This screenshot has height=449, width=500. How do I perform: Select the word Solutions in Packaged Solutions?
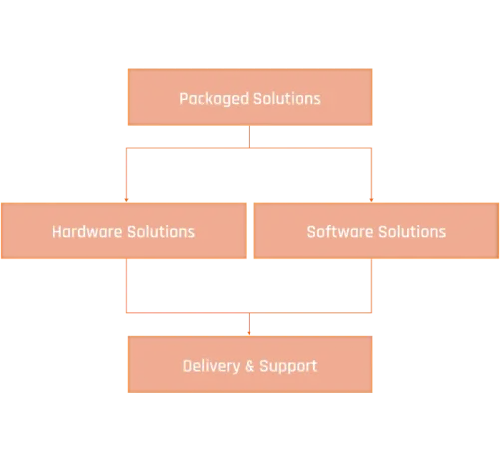coord(287,99)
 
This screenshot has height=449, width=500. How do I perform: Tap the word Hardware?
coord(87,232)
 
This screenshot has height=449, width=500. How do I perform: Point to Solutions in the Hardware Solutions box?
coord(161,232)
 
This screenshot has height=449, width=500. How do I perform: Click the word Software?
coord(340,232)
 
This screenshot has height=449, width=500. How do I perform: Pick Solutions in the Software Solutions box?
coord(412,232)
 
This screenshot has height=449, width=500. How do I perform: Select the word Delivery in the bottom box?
coord(211,366)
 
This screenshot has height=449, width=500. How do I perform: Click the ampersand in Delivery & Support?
coord(250,366)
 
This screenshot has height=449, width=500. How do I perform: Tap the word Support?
coord(288,367)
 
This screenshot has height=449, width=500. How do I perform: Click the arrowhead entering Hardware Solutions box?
coord(126,200)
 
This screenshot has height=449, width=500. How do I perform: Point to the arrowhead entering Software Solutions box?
coord(371,200)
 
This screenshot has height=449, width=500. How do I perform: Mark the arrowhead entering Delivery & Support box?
coord(249,333)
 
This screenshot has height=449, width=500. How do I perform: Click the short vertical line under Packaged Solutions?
coord(249,137)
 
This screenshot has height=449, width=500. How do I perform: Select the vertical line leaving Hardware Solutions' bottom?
coord(126,286)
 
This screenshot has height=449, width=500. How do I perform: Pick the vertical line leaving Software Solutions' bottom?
coord(371,286)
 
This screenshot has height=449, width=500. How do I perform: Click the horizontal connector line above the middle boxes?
coord(249,148)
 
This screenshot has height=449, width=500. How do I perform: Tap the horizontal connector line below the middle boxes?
coord(249,313)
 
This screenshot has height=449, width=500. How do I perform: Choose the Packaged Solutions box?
coord(250,97)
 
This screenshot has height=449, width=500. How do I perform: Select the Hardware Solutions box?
coord(124,230)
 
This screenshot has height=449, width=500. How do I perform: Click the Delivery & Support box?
coord(250,364)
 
